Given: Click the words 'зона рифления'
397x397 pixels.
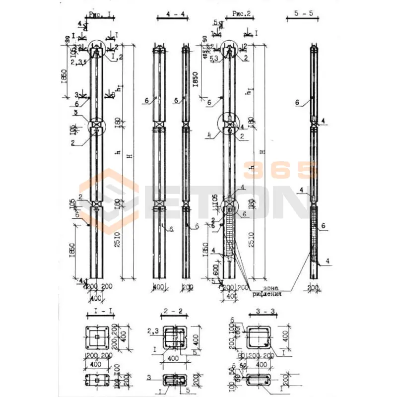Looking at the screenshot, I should [x=266, y=291].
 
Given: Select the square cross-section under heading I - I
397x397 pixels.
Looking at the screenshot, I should [x=101, y=339].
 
